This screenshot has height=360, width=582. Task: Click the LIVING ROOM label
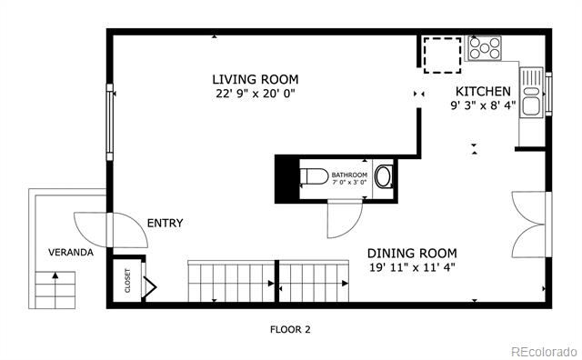pos(256,79)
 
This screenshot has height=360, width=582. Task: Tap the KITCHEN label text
pos(483,91)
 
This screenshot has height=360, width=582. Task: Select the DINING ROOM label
pos(412,254)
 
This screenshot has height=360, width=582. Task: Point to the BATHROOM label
pos(349,175)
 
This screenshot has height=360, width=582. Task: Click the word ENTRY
pos(165,223)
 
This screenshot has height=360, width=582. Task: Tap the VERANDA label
pos(71,253)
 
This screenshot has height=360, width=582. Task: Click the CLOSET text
pos(127,281)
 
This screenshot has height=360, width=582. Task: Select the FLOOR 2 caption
pos(290,329)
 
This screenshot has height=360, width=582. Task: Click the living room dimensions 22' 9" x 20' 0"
pos(256,94)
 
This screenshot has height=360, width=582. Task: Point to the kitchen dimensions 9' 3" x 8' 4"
pos(483,105)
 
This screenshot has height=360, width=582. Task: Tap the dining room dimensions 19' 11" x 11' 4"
pos(412,267)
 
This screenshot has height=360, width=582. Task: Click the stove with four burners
pos(485,48)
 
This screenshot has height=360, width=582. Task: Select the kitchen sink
pos(531,93)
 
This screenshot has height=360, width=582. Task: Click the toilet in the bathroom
pos(314,176)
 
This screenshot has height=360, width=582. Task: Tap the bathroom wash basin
pos(384,176)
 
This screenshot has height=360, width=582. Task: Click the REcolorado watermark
pos(544,352)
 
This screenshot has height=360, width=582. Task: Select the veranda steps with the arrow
pos(55,290)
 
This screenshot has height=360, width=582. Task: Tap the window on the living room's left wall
pos(109,122)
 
